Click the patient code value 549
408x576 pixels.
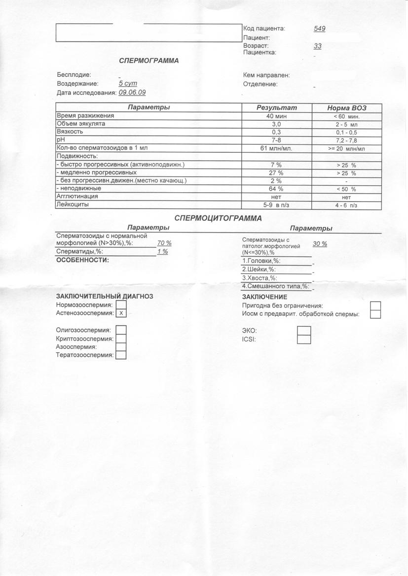pos(319,29)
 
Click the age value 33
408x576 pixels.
pos(317,46)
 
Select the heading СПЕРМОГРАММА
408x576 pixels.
pos(149,61)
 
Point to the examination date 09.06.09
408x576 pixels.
pos(132,92)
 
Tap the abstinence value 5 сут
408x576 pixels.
pos(127,84)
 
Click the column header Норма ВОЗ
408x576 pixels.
pos(347,108)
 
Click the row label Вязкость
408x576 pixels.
pos(70,132)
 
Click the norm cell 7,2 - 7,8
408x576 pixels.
pos(346,140)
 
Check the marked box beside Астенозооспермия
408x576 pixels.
pos(121,313)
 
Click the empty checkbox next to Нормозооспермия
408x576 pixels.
pos(121,305)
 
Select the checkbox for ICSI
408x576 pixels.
pos(304,339)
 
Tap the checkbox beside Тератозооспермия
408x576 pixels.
pos(121,355)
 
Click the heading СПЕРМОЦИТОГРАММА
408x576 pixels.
pos(218,218)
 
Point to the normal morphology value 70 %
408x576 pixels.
pos(164,243)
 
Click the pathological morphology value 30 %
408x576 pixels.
pos(320,244)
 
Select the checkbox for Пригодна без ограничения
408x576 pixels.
pos(375,306)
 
